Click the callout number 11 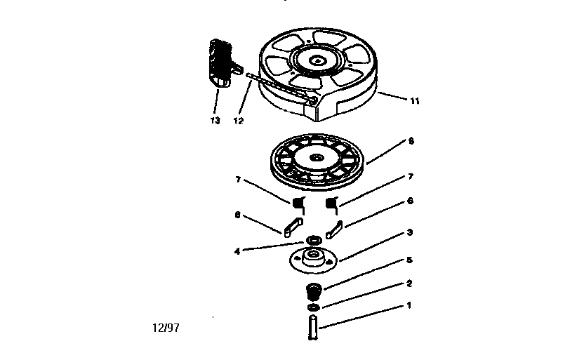click(415, 100)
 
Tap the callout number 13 click(215, 120)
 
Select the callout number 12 click(239, 120)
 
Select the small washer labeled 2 click(312, 307)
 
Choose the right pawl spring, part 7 click(333, 204)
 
